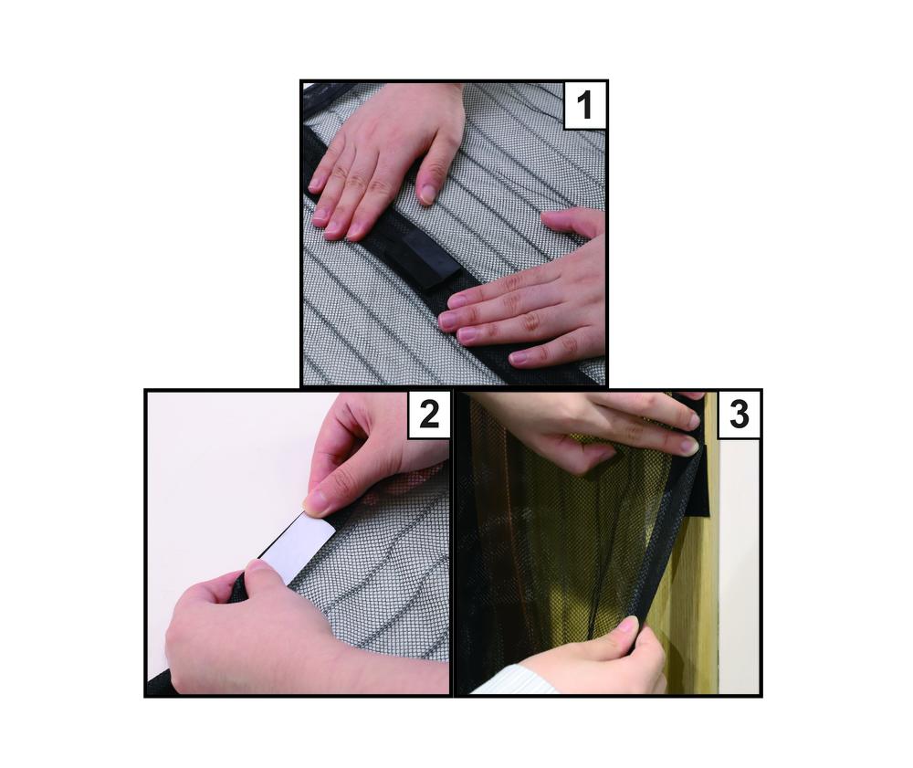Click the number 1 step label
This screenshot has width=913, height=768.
coord(584,105)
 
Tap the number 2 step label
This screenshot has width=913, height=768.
coord(429,415)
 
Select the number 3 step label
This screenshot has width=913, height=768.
coord(739,415)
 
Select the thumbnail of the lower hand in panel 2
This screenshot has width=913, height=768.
coord(257,565)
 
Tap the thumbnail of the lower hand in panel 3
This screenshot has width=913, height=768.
coord(627,625)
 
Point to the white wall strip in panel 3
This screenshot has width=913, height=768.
coord(740,564)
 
